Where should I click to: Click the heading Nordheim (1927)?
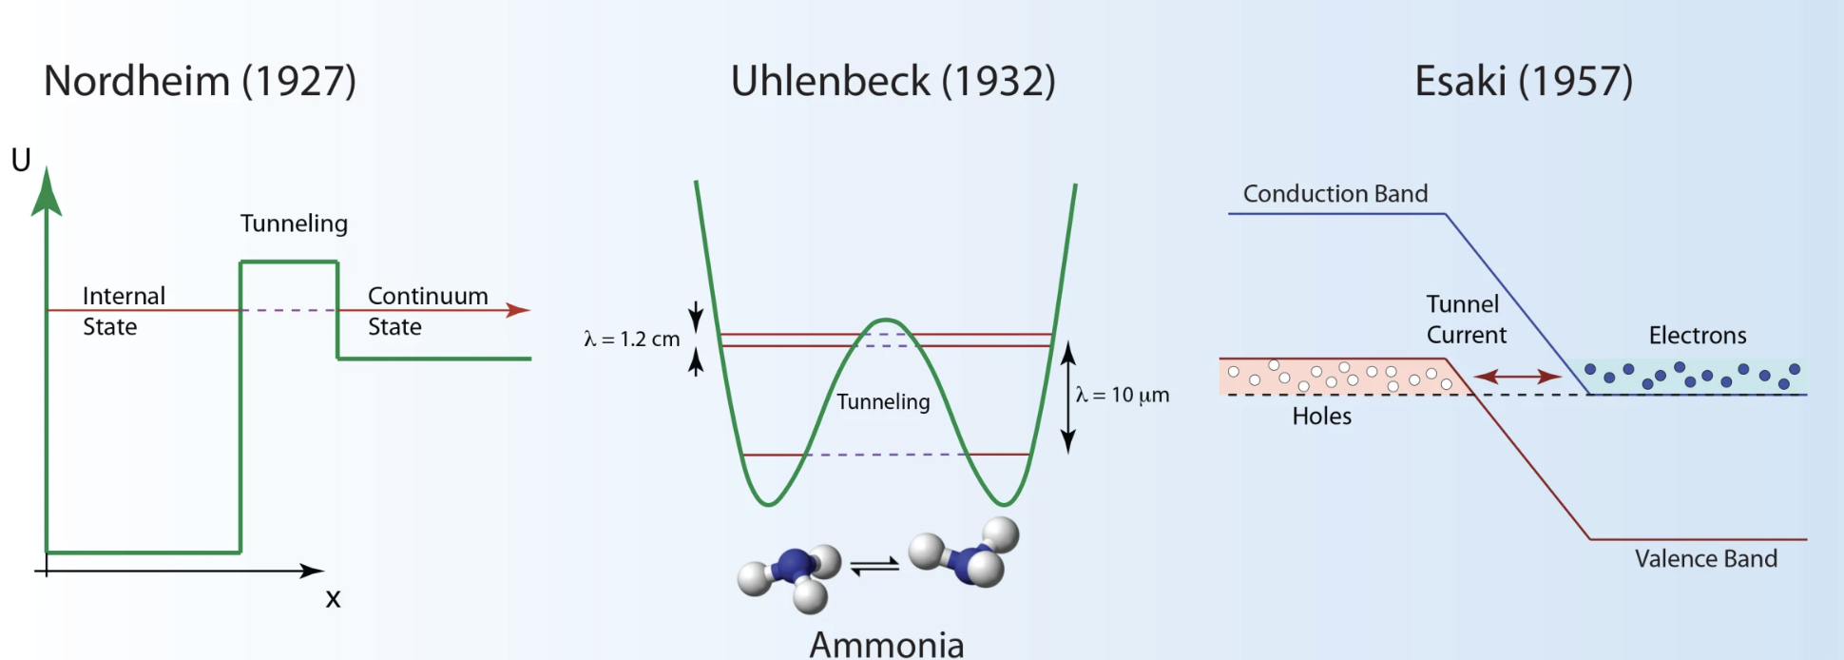pyautogui.click(x=200, y=82)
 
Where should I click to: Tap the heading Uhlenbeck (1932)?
pyautogui.click(x=893, y=82)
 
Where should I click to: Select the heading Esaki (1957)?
pyautogui.click(x=1524, y=82)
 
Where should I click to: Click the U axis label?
pyautogui.click(x=21, y=160)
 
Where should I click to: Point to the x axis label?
pyautogui.click(x=333, y=599)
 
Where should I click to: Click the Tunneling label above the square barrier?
pyautogui.click(x=294, y=224)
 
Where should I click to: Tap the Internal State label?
pyautogui.click(x=124, y=311)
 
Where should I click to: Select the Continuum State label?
pyautogui.click(x=428, y=311)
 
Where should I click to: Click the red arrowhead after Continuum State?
pyautogui.click(x=518, y=310)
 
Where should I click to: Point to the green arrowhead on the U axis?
pyautogui.click(x=47, y=192)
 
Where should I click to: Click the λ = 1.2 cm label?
pyautogui.click(x=632, y=340)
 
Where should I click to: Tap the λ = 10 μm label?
pyautogui.click(x=1123, y=395)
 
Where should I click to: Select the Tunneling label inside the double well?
pyautogui.click(x=883, y=402)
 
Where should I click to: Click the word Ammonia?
pyautogui.click(x=887, y=644)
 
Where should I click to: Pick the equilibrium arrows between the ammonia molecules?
pyautogui.click(x=874, y=566)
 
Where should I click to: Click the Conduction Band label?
pyautogui.click(x=1335, y=194)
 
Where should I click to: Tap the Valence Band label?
pyautogui.click(x=1706, y=559)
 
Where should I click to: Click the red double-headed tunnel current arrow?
pyautogui.click(x=1517, y=377)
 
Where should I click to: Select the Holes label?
pyautogui.click(x=1321, y=417)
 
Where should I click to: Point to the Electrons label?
pyautogui.click(x=1698, y=336)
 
